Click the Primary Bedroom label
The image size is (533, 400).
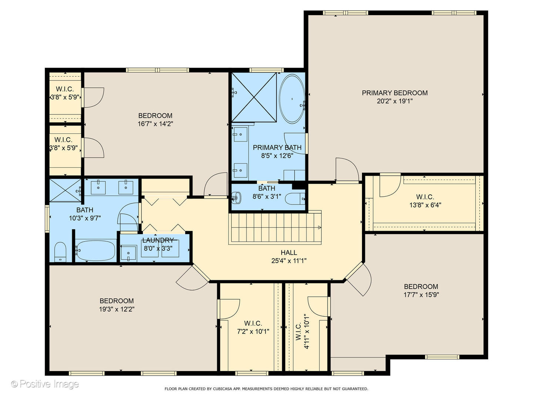[x=394, y=93]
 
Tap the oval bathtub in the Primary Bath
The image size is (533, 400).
[x=292, y=99]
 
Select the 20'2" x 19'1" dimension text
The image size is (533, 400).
[x=395, y=101]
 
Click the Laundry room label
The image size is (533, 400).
[x=158, y=240]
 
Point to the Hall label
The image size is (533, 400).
[x=289, y=253]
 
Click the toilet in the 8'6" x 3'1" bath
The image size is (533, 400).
[x=295, y=199]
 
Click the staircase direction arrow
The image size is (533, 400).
[x=319, y=227]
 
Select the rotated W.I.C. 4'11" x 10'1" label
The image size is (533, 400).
[x=302, y=331]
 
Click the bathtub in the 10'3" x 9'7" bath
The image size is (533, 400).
[x=95, y=250]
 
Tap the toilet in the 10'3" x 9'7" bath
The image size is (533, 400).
[x=60, y=252]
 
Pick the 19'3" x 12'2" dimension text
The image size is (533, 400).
[x=117, y=309]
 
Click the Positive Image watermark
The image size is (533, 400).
[x=45, y=384]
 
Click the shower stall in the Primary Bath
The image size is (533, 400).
[x=254, y=97]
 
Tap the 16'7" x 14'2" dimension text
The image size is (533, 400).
[x=155, y=124]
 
